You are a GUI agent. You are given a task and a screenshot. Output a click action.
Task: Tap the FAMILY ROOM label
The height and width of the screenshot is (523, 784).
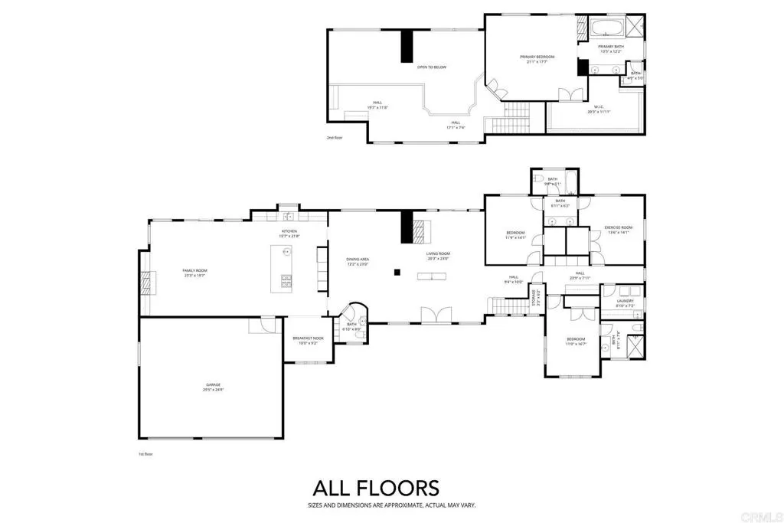coord(194,271)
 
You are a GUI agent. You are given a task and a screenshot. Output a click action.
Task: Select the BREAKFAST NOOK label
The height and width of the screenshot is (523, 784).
coord(307,339)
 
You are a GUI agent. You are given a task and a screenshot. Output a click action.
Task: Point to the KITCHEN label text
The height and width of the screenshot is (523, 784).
coord(289,232)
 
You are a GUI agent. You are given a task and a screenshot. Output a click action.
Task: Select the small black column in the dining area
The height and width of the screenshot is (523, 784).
coord(397,271)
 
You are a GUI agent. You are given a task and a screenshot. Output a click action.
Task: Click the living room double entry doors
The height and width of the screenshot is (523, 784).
coord(433,315)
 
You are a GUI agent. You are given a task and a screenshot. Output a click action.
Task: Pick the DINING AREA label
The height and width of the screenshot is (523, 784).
coord(358,261)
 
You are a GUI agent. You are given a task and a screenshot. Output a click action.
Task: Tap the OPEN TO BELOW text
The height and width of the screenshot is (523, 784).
coord(431,67)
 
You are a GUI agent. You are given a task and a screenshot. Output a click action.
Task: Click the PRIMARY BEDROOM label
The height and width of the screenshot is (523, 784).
coord(537,58)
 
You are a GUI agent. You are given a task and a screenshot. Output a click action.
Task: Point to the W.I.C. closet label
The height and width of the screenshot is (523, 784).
coord(599,109)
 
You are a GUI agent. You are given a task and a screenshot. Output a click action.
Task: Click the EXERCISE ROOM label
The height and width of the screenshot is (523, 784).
coord(617,229)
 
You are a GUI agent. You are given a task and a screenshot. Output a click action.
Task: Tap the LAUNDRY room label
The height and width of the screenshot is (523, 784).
coord(626,302)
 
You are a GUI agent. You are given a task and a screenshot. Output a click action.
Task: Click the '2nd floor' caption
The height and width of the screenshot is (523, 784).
coord(335,138)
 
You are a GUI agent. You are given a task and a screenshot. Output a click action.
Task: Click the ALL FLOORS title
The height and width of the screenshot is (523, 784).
coord(375,488)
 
